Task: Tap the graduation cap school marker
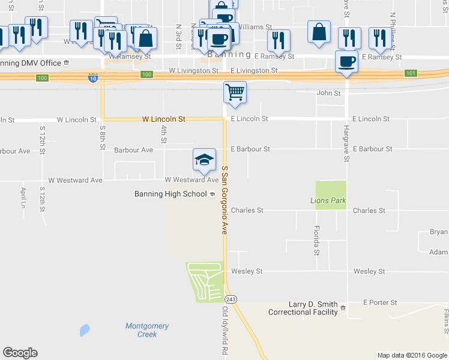204,159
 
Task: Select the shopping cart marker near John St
235,93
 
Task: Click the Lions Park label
328,200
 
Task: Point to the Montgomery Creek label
147,330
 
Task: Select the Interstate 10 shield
92,79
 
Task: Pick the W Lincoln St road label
163,119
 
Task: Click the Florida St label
316,240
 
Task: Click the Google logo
20,353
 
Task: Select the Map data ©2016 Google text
412,355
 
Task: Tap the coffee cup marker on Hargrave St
347,62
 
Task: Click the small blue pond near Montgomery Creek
85,330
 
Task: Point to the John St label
328,94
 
